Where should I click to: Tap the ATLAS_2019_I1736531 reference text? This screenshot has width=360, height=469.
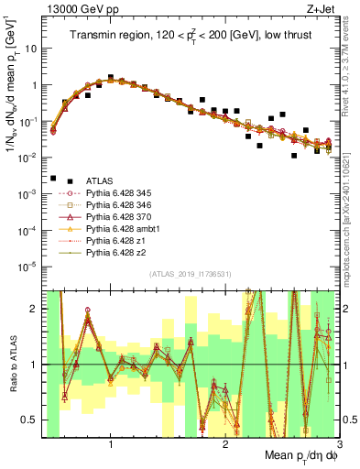click(x=191, y=274)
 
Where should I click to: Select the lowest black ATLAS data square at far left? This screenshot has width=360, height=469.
click(x=53, y=179)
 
